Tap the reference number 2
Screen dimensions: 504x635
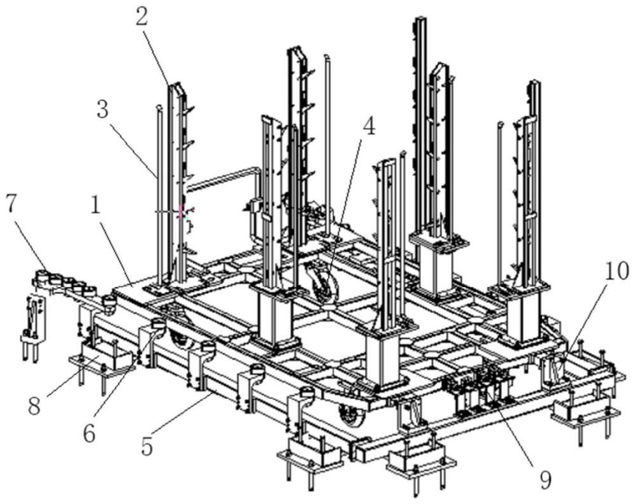pos(141,16)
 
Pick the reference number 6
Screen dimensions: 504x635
pos(88,434)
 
